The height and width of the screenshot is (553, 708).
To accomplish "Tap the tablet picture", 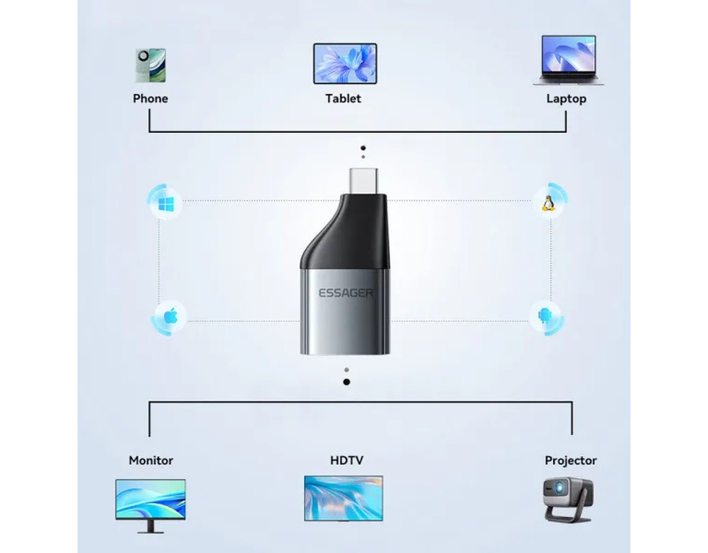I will click(x=344, y=64).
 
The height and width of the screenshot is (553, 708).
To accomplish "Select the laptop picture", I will click(x=567, y=61).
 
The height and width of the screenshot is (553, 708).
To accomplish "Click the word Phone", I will click(x=150, y=99).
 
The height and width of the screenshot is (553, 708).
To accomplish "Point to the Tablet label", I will click(x=344, y=99).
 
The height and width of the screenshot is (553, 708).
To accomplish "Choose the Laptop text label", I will click(x=566, y=99).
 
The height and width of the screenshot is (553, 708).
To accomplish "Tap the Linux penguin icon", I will click(x=549, y=203).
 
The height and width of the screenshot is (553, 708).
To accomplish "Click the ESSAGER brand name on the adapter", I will click(x=345, y=293).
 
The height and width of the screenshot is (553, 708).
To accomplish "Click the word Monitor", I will click(x=151, y=460).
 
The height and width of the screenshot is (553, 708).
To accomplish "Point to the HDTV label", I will click(x=346, y=460).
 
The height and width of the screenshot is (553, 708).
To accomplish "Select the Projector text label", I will click(x=570, y=460).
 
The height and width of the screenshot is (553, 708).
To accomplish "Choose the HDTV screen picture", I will click(x=344, y=498).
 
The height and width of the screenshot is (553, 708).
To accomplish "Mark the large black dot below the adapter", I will click(x=346, y=382).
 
